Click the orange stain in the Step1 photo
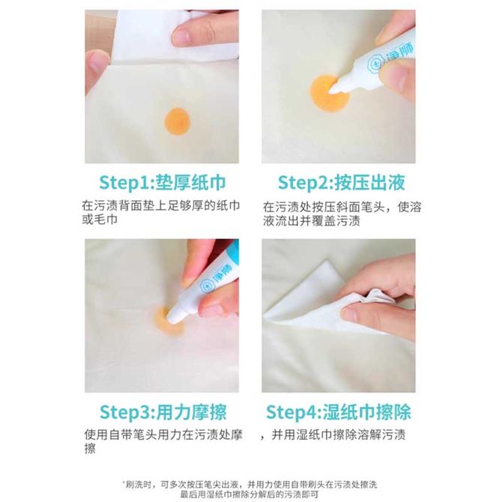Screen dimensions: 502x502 tap(178, 121)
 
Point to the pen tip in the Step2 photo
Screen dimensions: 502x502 tap(333, 88)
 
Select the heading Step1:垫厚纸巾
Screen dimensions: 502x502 tap(163, 183)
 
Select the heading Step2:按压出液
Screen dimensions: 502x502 tap(341, 183)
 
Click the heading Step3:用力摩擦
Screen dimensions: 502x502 tap(163, 412)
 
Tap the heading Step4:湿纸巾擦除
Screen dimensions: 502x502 tap(339, 412)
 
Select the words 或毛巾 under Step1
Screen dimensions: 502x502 tap(100, 220)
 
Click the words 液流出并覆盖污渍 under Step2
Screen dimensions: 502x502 tap(312, 221)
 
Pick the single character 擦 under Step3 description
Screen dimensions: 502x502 tap(90, 449)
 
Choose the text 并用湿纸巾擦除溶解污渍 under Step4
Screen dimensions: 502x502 tap(339, 435)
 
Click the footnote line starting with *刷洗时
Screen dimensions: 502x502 tap(250, 484)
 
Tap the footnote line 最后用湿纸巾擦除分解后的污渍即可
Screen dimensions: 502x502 tap(250, 495)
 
